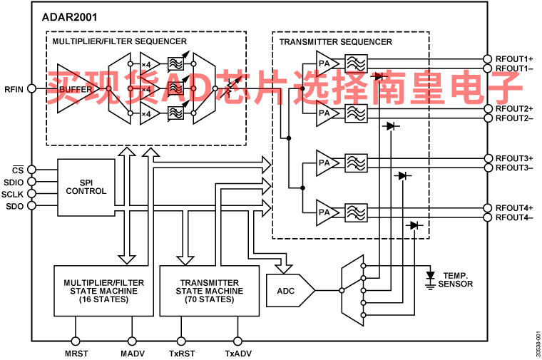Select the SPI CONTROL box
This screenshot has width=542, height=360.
coord(86,187)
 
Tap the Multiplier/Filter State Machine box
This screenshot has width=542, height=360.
coord(103,290)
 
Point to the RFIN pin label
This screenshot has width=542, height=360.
coord(14,89)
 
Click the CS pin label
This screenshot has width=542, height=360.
coord(19,170)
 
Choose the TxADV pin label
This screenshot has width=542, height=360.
coord(238,352)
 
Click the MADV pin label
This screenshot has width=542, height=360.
coord(131,352)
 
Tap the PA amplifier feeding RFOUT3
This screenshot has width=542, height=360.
coord(324,162)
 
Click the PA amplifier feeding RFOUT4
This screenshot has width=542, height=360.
coord(324,212)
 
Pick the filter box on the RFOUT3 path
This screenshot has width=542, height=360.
coord(355,162)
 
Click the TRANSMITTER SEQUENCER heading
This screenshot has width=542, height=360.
coord(335,41)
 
